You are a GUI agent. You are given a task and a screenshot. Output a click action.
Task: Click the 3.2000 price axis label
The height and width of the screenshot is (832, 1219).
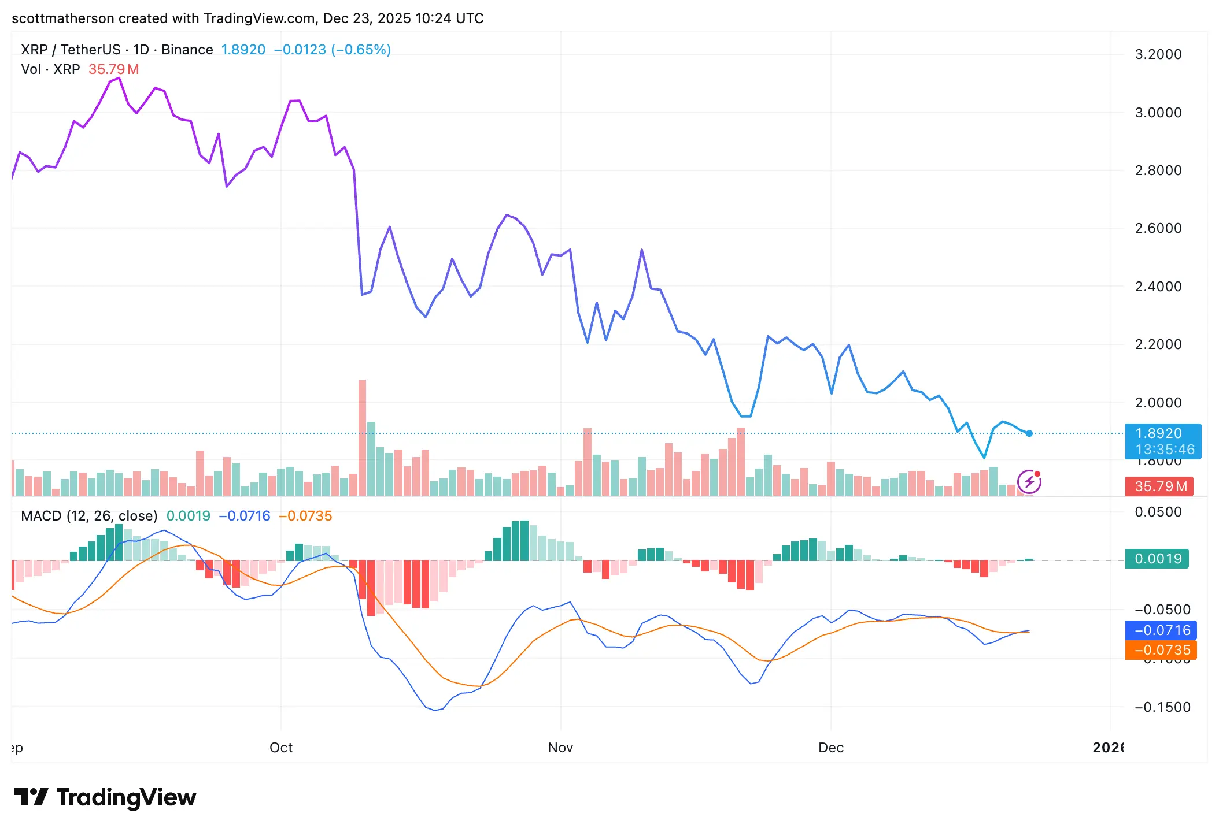[x=1158, y=54]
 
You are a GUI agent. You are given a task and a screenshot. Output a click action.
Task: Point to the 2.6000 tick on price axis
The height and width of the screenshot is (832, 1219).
[x=1158, y=228]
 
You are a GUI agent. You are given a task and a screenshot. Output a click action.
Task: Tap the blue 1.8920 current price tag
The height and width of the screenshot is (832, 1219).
[x=1162, y=441]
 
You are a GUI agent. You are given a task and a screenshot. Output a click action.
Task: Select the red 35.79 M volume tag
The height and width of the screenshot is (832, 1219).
[x=1161, y=486]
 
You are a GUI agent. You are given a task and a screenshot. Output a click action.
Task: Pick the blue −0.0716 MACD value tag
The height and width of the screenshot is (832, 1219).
[x=1161, y=630]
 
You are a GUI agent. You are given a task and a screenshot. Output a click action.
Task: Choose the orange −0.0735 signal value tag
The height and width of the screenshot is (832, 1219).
[x=1161, y=650]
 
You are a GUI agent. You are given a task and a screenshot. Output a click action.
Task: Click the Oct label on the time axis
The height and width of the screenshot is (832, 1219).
[x=281, y=748]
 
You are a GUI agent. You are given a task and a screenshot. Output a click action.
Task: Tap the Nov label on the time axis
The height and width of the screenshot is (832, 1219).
[x=560, y=748]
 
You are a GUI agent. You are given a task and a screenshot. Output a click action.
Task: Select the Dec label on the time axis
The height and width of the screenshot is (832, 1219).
[x=831, y=748]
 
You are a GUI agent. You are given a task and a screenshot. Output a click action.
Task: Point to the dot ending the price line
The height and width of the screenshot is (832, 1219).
[x=1029, y=433]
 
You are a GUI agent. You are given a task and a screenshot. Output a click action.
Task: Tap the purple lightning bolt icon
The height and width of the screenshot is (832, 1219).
[x=1029, y=482]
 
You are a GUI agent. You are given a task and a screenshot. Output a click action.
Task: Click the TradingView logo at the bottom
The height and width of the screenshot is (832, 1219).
[x=105, y=797]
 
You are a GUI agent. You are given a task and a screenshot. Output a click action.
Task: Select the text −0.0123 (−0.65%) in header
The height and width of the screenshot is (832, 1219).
[x=333, y=50]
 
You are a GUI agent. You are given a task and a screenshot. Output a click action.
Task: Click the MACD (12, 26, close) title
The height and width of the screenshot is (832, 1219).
[x=89, y=516]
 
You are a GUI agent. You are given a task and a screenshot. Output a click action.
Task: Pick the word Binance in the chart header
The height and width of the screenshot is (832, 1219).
[x=187, y=50]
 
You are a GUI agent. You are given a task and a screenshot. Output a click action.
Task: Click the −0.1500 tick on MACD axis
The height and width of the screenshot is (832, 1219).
[x=1162, y=707]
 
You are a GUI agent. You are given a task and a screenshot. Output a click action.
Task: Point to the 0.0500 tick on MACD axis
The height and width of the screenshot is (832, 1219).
[x=1158, y=512]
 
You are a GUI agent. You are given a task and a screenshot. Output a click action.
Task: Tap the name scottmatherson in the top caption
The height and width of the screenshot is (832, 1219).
[x=62, y=18]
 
